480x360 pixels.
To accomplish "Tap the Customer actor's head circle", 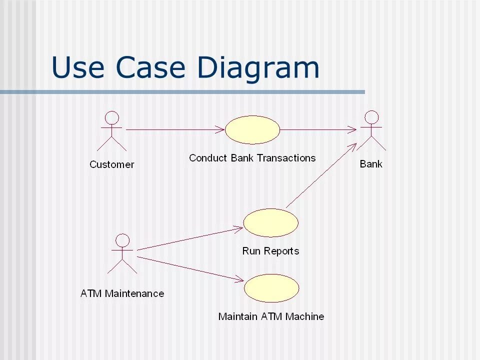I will [112, 118].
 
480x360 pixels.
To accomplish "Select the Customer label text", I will [112, 164].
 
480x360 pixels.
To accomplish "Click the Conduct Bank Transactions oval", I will [252, 129].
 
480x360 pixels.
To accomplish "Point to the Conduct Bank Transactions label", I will [252, 158].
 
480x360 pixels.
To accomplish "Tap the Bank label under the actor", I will [371, 163].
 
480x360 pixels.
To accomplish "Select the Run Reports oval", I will [270, 223].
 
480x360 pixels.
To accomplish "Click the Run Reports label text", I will [270, 251].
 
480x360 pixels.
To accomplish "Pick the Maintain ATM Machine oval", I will [271, 288].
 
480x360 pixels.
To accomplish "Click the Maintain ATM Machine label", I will [271, 316].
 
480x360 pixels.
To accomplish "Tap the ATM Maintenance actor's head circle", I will [122, 240].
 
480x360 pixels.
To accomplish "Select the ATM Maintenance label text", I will [122, 293].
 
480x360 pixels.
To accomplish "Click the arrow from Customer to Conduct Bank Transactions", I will [175, 130].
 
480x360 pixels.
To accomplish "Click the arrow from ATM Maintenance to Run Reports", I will [190, 238].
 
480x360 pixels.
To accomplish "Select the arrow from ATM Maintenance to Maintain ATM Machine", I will [190, 268].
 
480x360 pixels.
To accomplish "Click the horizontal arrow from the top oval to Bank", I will [318, 130].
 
